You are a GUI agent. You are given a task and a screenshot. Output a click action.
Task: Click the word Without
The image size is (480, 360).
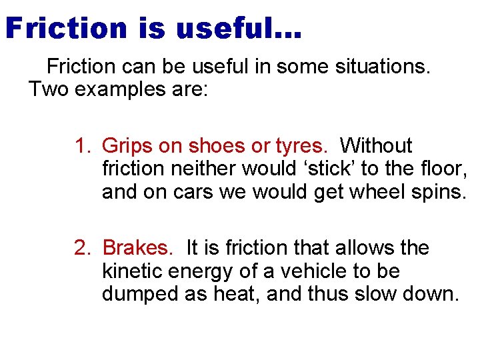[376, 145]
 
